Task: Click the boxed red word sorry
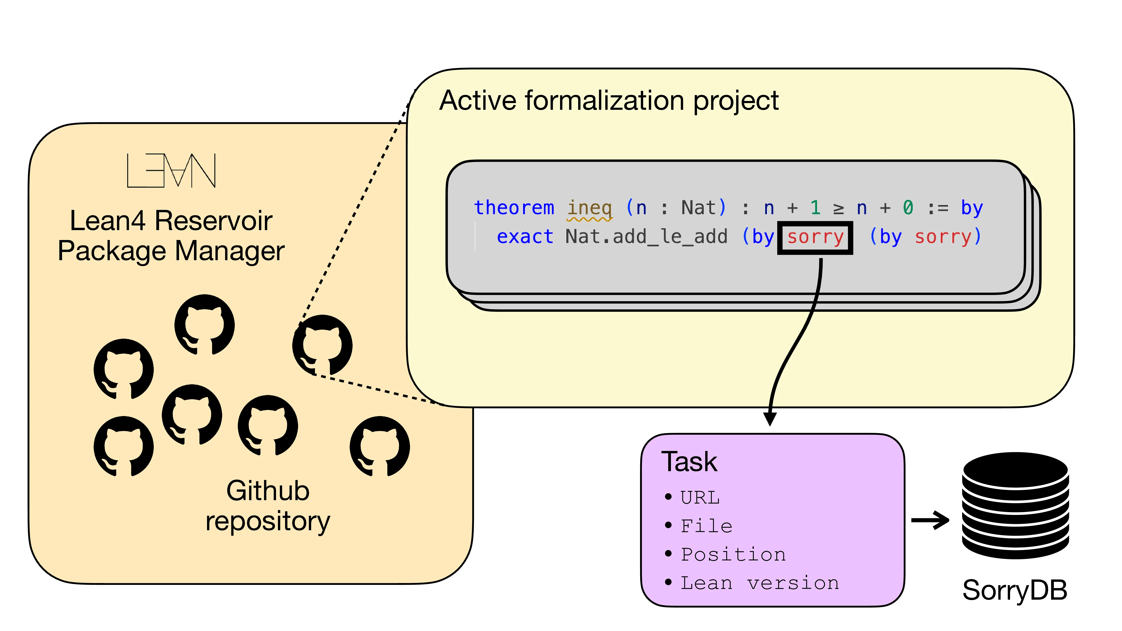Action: point(815,237)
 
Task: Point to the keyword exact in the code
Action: point(525,237)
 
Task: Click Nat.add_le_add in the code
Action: point(646,237)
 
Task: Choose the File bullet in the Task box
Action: point(706,526)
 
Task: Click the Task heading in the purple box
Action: point(689,462)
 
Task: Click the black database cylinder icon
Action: point(1015,505)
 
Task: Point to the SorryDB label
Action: point(1015,590)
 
